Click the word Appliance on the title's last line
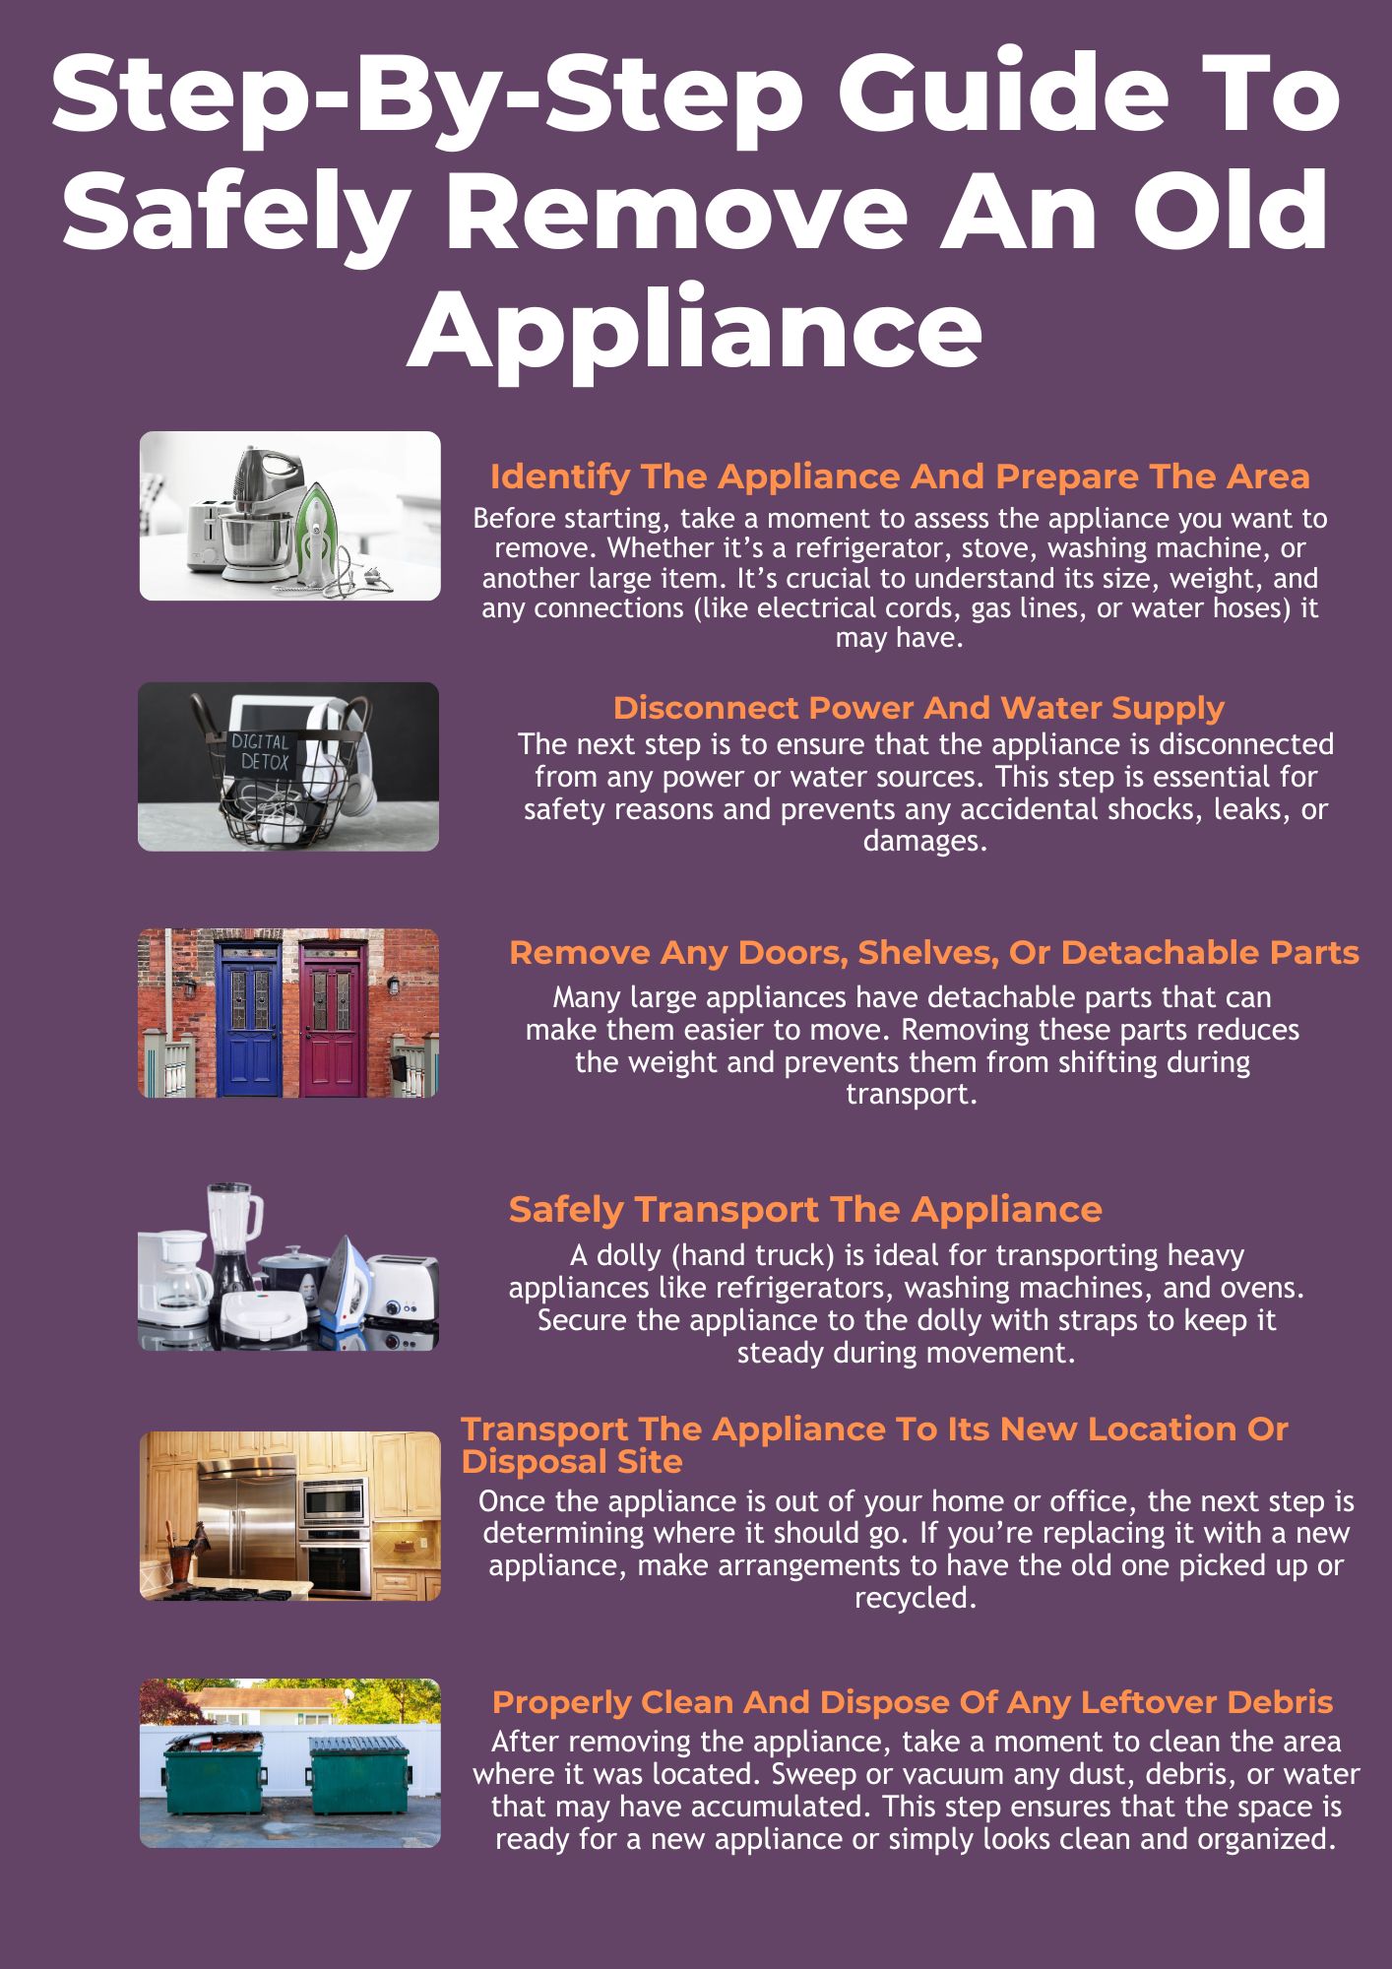pos(695,326)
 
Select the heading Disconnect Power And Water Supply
pos(917,708)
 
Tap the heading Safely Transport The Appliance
pos(804,1209)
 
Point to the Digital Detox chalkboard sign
pos(260,752)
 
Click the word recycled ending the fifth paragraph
pos(913,1597)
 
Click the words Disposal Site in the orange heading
pos(571,1461)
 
